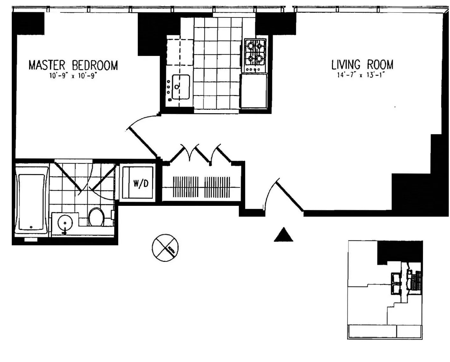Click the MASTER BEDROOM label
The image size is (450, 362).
[x=73, y=65]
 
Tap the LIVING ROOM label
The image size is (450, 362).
[x=362, y=65]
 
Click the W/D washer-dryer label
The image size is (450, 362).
[x=141, y=184]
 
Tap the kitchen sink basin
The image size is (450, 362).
[x=181, y=87]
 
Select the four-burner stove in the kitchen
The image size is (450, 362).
[x=256, y=55]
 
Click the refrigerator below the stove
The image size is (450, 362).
[x=254, y=91]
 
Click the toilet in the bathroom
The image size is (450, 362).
[x=96, y=217]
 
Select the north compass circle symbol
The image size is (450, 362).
[x=165, y=247]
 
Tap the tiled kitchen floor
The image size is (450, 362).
[x=218, y=64]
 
